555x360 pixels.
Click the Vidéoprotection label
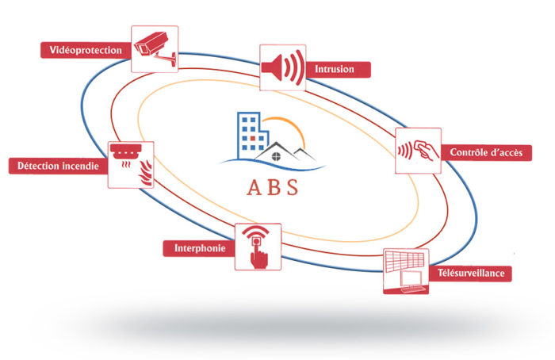tap(86, 51)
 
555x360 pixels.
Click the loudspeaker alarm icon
tap(283, 67)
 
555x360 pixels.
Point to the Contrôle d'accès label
tap(484, 151)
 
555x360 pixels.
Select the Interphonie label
tap(199, 249)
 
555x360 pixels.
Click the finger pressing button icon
tap(258, 247)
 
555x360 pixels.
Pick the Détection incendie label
tap(58, 166)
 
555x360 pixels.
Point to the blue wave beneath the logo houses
tap(270, 164)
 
